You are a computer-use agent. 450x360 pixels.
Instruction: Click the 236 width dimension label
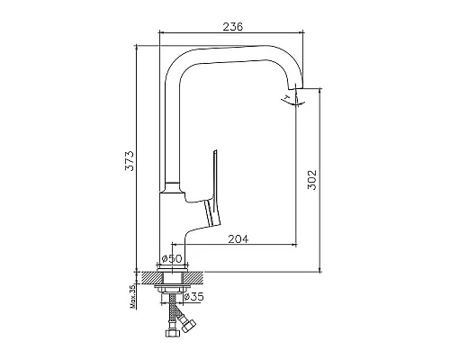pos(233,26)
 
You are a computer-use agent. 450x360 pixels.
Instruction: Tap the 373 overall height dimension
pos(130,161)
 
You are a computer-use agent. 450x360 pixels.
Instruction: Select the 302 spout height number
pos(312,180)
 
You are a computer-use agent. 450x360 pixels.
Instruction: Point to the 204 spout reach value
pos(238,239)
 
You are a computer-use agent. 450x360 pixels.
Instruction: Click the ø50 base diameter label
pos(171,258)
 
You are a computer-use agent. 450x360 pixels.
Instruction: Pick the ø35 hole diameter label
pos(193,297)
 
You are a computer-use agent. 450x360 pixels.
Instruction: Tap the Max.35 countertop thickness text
pos(133,296)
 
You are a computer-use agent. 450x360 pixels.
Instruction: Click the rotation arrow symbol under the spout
pos(293,101)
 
